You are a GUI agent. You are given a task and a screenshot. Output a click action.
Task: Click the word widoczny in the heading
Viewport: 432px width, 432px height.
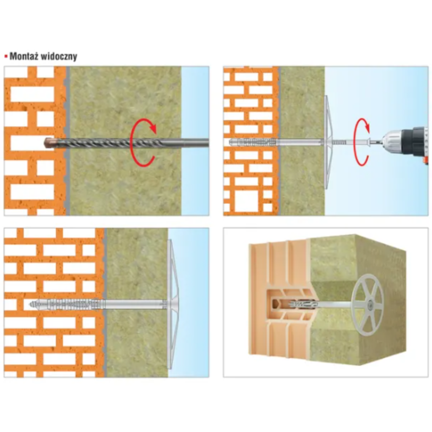click(59, 57)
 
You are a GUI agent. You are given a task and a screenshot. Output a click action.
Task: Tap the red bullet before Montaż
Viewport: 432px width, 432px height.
click(6, 57)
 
